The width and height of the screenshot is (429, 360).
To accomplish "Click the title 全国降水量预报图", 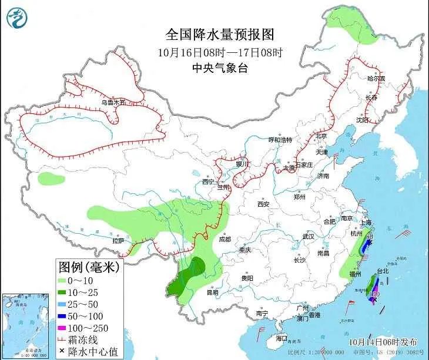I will point(220,35).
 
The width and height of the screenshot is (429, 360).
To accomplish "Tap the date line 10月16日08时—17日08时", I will point(220,52).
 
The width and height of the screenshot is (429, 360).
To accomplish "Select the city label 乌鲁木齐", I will point(113,102).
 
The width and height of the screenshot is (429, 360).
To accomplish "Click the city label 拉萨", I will point(118,241).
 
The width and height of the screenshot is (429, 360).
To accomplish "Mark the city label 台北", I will point(382,271).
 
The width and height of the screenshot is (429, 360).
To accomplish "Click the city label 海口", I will point(282,338).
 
